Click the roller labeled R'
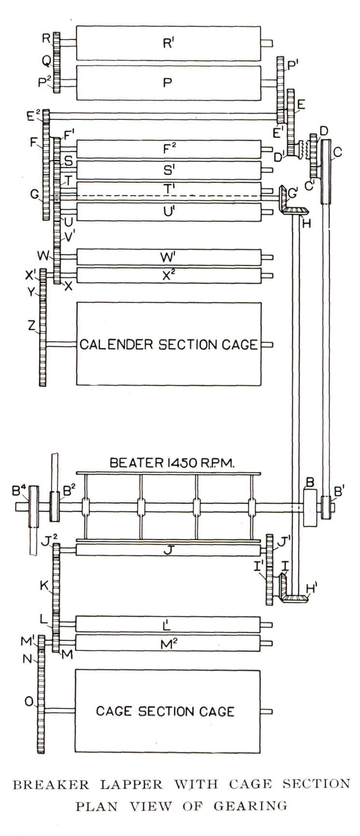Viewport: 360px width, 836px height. coord(168,43)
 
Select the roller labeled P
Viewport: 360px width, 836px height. coord(168,83)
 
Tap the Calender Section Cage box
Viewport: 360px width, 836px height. coord(168,344)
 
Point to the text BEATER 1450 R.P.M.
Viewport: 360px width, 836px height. coord(172,462)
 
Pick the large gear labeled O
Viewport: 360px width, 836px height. coord(41,706)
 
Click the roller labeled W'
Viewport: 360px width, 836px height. coord(168,257)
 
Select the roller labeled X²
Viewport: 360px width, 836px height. coord(168,275)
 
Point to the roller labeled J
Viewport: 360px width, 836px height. coord(168,549)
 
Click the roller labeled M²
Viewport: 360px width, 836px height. coord(168,643)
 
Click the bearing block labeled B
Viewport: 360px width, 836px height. coord(309,508)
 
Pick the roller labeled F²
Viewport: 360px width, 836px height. coord(168,149)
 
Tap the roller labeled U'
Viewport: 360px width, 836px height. coord(168,212)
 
